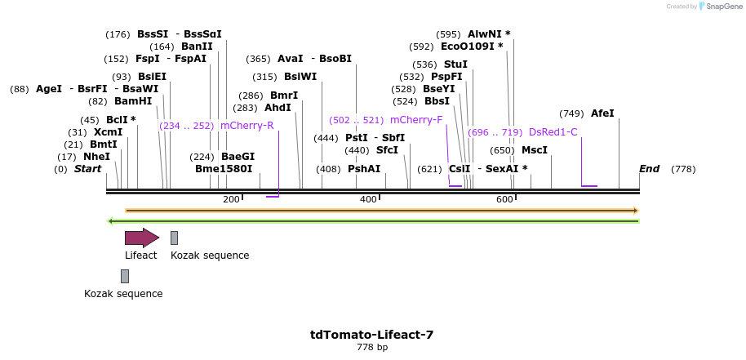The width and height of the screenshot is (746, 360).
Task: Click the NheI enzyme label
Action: tap(96, 157)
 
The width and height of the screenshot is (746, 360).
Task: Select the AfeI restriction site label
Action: tap(602, 113)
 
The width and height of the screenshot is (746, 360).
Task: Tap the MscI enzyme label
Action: tap(535, 150)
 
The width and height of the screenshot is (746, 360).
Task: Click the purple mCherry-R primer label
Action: tap(246, 126)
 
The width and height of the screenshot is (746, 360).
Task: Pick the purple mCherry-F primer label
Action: tap(416, 120)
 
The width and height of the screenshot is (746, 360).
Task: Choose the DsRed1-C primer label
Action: tap(553, 132)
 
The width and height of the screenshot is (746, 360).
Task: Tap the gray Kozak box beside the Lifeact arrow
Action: tap(174, 238)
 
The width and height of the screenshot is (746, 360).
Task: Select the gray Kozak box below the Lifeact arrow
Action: tap(125, 276)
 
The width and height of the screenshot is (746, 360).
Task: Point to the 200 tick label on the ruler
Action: tap(231, 199)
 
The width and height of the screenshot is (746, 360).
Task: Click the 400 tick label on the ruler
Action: tap(368, 199)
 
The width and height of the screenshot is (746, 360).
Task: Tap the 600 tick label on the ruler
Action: tap(504, 199)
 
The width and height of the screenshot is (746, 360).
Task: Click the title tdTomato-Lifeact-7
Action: tap(371, 335)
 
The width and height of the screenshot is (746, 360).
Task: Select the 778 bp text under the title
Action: tap(371, 348)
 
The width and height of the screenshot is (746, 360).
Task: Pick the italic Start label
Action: tap(87, 169)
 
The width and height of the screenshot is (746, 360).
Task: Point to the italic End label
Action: tap(649, 169)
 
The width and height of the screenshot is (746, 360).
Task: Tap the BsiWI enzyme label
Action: tap(300, 77)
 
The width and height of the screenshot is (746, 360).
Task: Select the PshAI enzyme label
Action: tap(364, 169)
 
